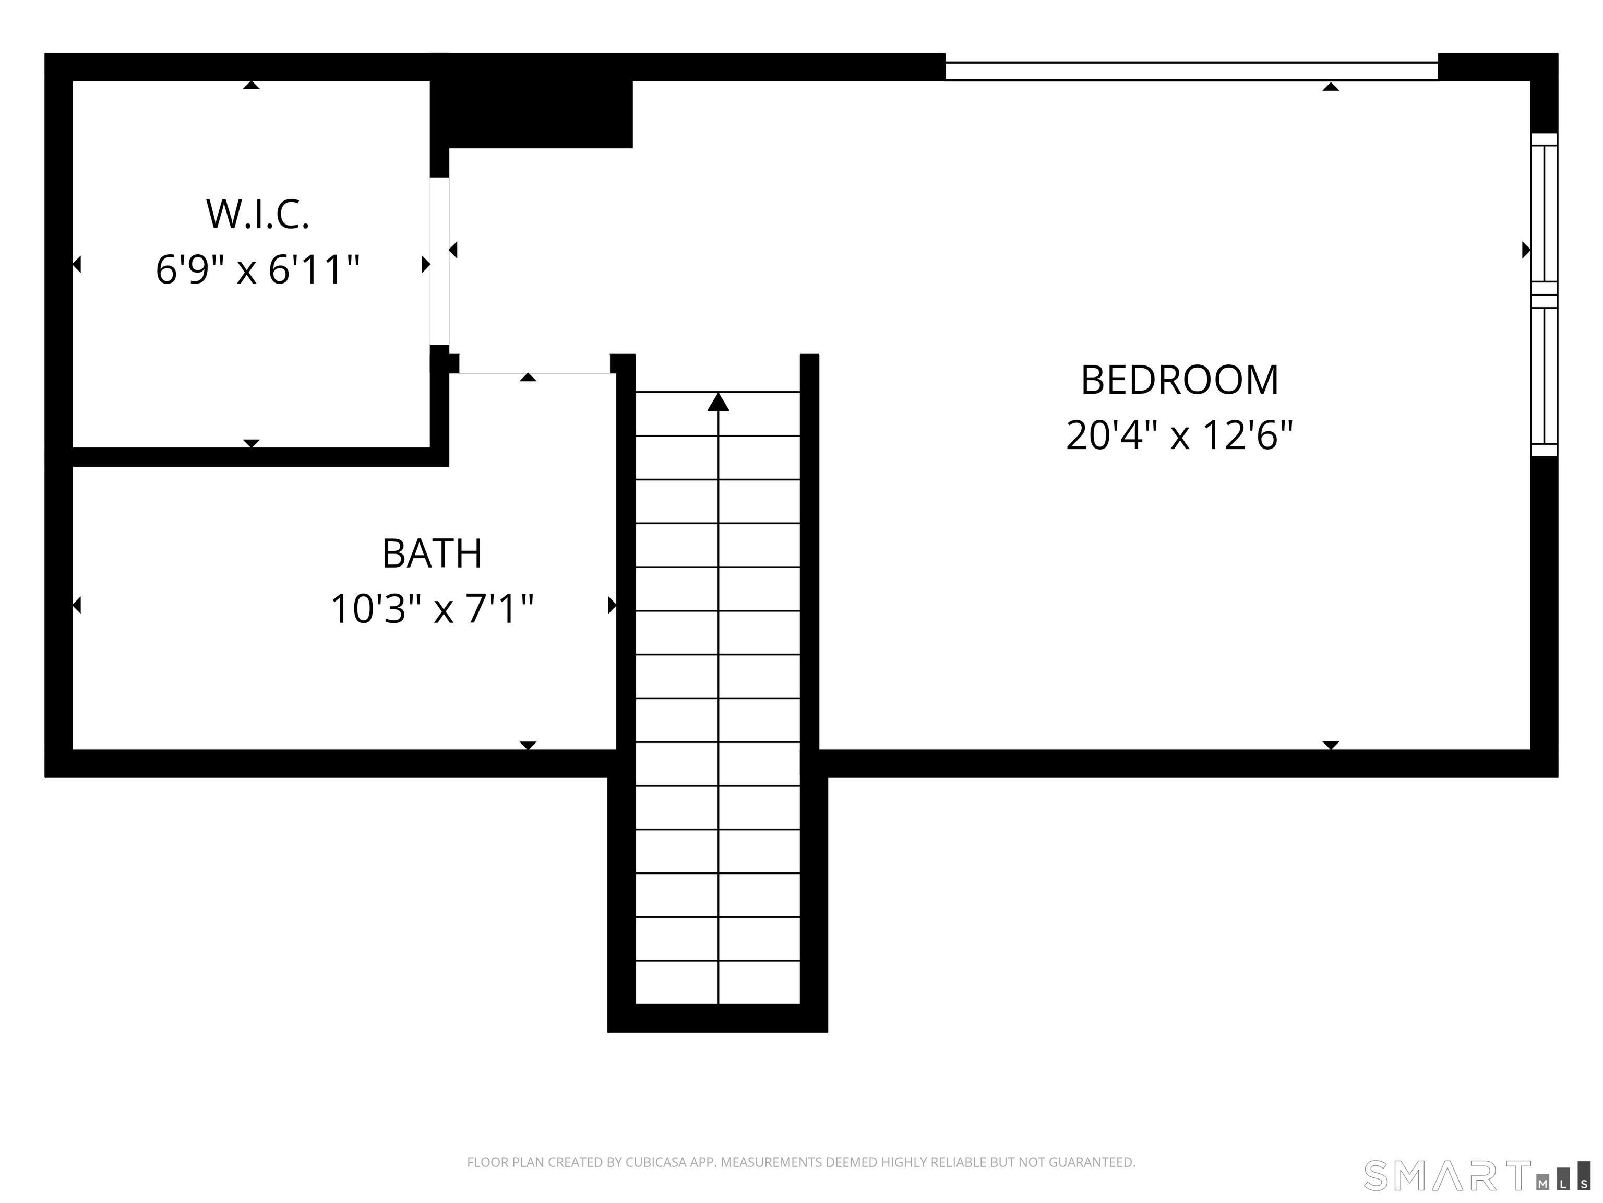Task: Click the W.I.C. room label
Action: pyautogui.click(x=258, y=215)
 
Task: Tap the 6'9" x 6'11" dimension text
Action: pyautogui.click(x=258, y=270)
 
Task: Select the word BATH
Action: pyautogui.click(x=432, y=554)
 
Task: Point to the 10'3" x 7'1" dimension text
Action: pyautogui.click(x=432, y=609)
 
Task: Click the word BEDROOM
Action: pyautogui.click(x=1179, y=380)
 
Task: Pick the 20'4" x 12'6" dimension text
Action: pyautogui.click(x=1179, y=436)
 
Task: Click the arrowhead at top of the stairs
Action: pyautogui.click(x=717, y=403)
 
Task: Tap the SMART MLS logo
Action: pyautogui.click(x=1476, y=1175)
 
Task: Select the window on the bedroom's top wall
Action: pyautogui.click(x=1191, y=71)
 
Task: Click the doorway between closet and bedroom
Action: pyautogui.click(x=439, y=261)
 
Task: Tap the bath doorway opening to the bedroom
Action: pyautogui.click(x=535, y=373)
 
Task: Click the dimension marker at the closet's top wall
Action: pyautogui.click(x=252, y=85)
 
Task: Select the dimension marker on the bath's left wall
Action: pyautogui.click(x=77, y=605)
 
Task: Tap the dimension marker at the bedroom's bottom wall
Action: pyautogui.click(x=1331, y=745)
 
